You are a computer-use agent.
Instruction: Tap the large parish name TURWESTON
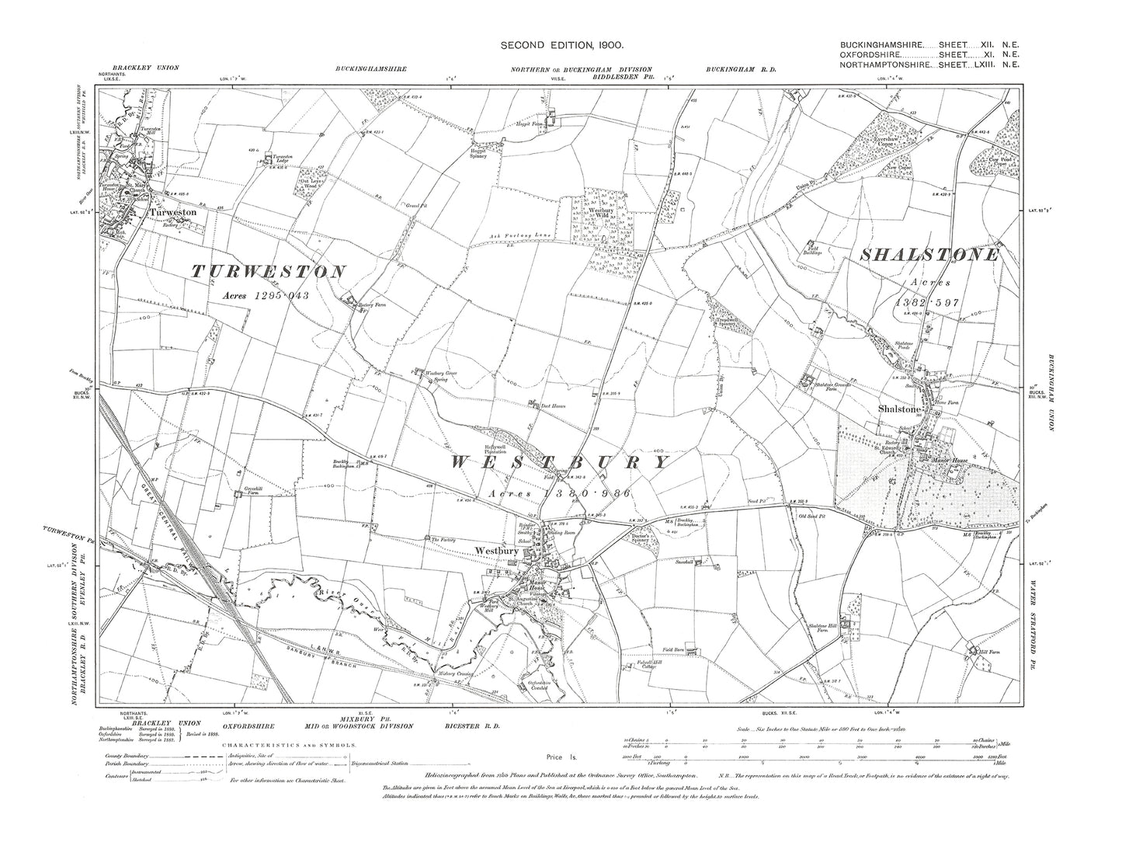pos(269,271)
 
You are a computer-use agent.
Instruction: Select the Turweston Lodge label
pos(281,158)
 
